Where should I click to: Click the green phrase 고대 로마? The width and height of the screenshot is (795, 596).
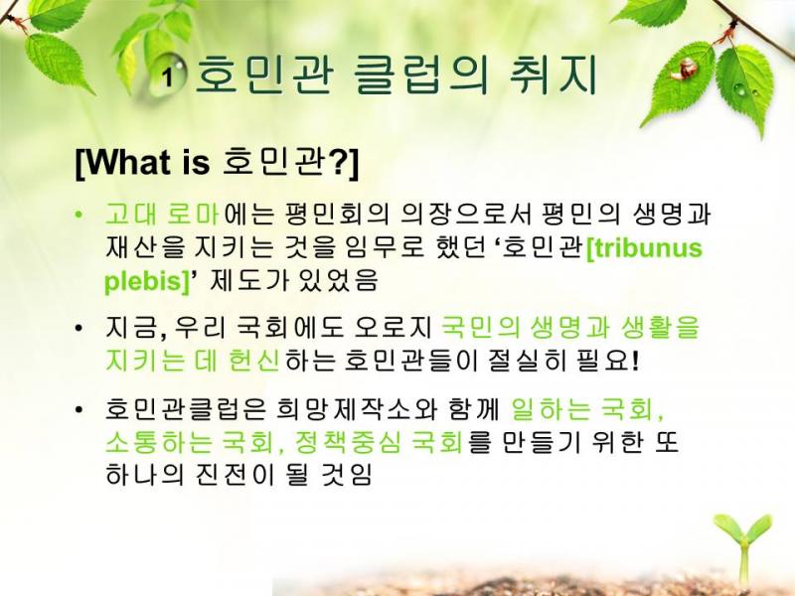162,215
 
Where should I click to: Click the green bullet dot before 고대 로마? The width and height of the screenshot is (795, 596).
79,215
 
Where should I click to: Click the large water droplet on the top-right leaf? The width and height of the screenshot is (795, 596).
739,90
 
